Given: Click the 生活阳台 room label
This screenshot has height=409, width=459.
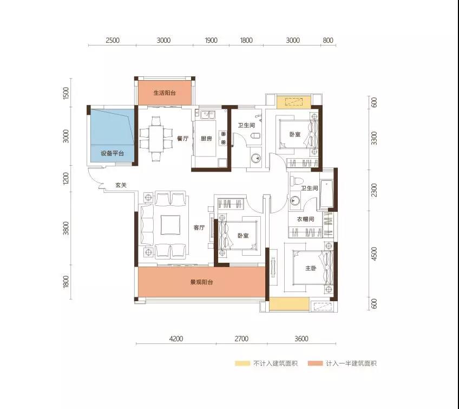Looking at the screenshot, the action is pos(165,93).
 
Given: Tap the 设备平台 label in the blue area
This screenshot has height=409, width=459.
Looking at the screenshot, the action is pos(113,153).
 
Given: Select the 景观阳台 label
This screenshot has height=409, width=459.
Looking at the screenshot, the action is pos(202,282).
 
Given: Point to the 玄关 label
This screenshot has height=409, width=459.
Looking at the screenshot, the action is pos(121,185).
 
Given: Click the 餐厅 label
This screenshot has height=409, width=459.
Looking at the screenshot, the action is pos(182,138).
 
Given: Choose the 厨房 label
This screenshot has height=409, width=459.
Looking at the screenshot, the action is pos(206,138).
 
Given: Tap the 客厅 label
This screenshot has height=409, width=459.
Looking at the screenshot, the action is pos(199,228).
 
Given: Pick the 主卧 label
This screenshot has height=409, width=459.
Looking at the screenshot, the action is pos(311,268).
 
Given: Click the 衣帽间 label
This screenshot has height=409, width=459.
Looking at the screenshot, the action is pos(306,219).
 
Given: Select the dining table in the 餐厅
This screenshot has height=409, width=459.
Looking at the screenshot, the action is pos(156,139).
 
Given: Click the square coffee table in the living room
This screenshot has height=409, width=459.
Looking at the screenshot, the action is pos(171,225).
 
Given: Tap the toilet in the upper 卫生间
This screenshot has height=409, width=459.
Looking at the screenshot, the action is pos(255,136).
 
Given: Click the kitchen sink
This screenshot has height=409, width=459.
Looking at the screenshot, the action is pos(208,114).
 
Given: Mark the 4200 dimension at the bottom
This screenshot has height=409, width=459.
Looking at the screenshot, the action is pos(176,339).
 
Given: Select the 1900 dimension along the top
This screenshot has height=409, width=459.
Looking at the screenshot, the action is pos(211,40).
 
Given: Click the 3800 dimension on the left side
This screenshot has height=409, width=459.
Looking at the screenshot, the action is pos(66,228).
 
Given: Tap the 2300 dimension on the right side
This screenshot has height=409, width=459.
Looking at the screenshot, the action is pos(374,190).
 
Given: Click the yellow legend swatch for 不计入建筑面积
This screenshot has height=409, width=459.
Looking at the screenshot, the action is pos(242,363).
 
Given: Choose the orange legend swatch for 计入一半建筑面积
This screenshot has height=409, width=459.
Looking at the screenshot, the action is pos(315,363).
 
